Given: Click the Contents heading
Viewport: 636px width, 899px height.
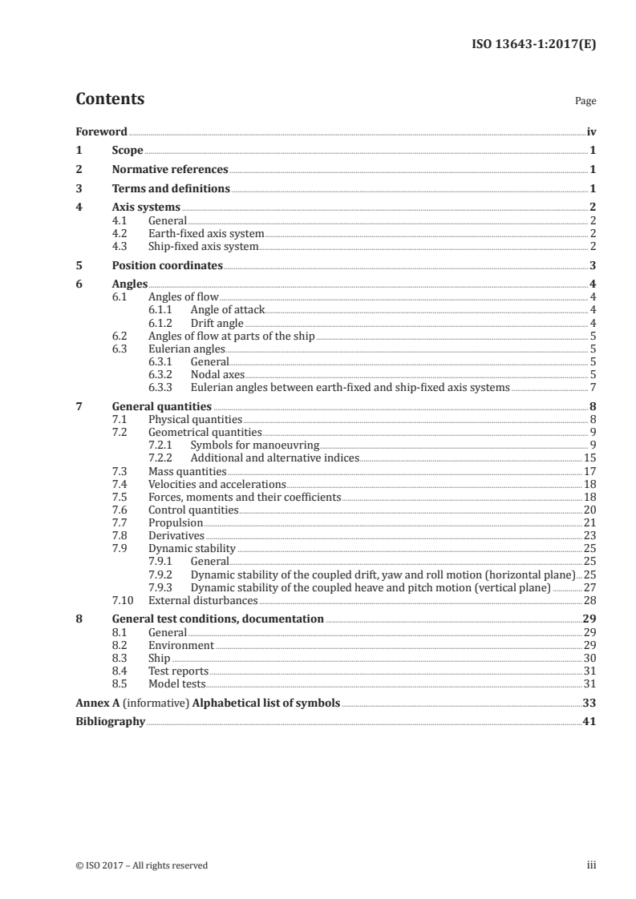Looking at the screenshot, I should point(110,99).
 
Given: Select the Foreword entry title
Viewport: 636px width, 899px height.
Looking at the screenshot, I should point(101,131).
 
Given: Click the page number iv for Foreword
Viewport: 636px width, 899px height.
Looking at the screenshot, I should point(591,131).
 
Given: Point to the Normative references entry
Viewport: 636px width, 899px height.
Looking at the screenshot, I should point(170,170).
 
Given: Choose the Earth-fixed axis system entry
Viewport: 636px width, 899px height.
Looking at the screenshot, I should point(206,234).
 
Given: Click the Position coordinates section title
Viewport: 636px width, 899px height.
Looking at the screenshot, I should point(167,266).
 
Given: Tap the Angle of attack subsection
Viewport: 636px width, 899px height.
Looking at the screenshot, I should point(227,310).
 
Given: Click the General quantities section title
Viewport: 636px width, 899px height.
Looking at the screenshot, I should point(161,406).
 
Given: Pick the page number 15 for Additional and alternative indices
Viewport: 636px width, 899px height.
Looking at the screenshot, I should point(589,458).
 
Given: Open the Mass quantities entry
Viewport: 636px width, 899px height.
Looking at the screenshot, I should point(187,472).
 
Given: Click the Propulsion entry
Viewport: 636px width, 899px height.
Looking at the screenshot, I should point(176,523).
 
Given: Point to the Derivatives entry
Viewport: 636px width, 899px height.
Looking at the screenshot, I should point(176,536).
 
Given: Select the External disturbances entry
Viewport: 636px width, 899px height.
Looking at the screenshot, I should point(203,600).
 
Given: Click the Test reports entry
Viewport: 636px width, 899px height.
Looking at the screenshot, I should point(178,671).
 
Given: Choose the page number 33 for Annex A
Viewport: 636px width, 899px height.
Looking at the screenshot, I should point(589,703).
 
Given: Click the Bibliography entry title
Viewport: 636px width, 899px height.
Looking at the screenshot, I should point(110,722).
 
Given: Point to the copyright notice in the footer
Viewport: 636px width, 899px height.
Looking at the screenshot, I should point(141,865).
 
